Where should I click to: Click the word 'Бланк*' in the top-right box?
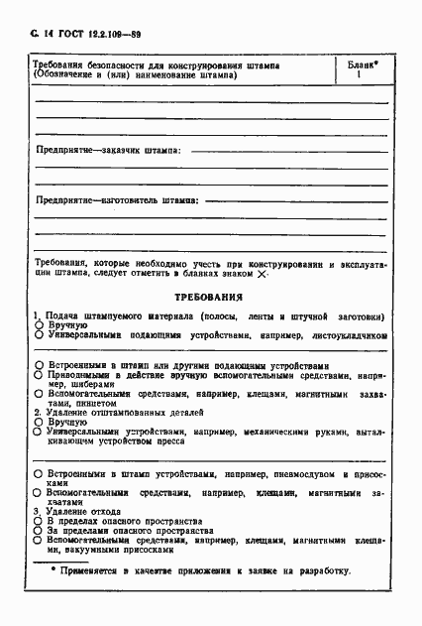(x=362, y=65)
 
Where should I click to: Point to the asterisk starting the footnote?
(x=54, y=570)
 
